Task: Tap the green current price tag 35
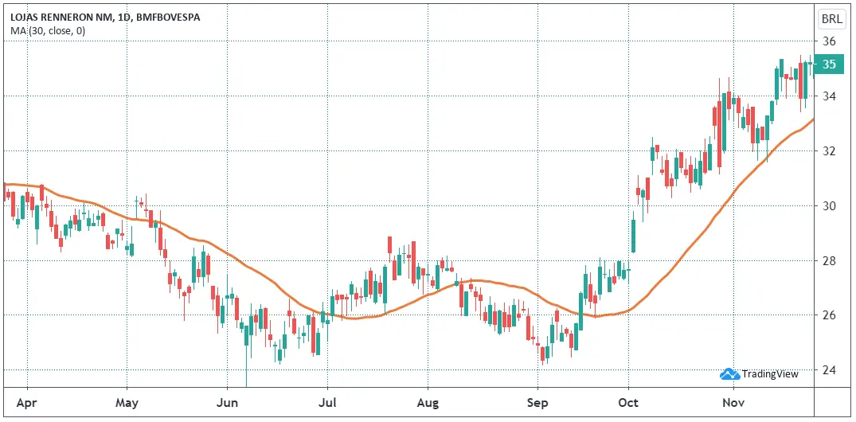[x=829, y=64]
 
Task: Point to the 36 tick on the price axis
[x=829, y=41]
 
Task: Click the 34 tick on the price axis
[x=829, y=96]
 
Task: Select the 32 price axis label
[x=829, y=151]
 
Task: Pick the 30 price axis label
[x=829, y=206]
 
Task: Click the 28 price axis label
[x=829, y=261]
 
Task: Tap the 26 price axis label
[x=829, y=315]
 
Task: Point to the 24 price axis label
[x=829, y=370]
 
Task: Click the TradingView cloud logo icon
[x=729, y=373]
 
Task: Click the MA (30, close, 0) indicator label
[x=48, y=31]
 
